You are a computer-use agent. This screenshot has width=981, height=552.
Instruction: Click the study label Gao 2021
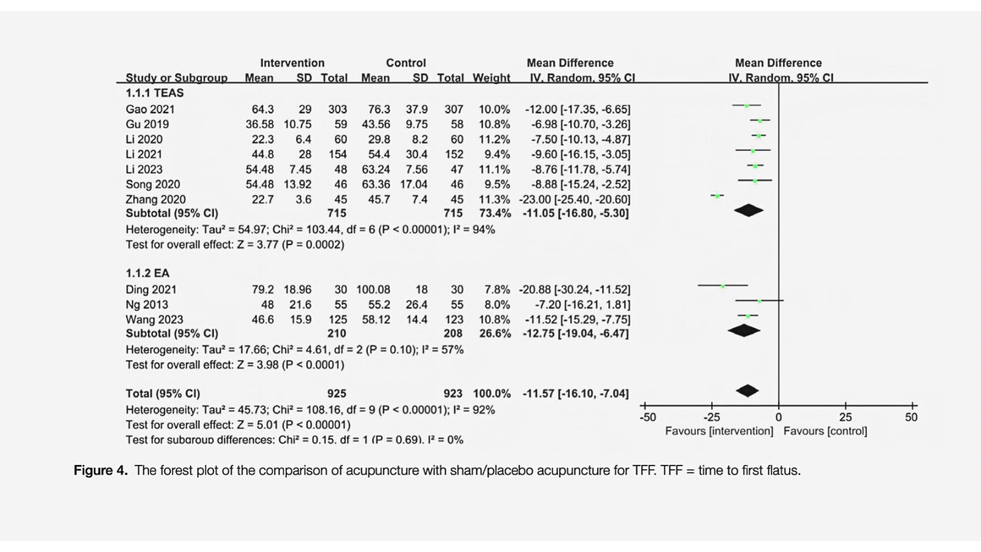tap(150, 109)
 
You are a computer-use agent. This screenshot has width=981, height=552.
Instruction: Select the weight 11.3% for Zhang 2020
tap(494, 199)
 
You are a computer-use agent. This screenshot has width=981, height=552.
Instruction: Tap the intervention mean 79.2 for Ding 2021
tap(262, 289)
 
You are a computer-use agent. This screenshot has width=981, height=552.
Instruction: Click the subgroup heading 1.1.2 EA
tap(147, 274)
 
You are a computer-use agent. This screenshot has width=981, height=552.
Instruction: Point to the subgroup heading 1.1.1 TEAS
tap(155, 93)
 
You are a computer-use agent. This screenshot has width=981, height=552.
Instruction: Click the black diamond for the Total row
tap(747, 391)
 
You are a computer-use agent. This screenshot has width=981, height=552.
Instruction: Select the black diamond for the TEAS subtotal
tap(749, 211)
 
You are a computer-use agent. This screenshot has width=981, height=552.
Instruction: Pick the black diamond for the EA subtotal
tap(744, 331)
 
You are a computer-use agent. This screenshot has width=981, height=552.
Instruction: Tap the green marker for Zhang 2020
tap(717, 196)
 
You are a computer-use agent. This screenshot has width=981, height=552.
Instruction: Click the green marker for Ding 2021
tap(723, 286)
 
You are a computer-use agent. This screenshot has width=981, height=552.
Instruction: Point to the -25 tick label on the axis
tap(711, 418)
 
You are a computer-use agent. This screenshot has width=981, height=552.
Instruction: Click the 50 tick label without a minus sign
tap(911, 418)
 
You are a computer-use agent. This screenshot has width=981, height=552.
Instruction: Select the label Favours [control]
tap(825, 431)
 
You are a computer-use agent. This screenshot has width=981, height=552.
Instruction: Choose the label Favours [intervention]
tap(719, 431)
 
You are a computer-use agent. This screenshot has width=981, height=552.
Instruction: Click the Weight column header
tap(491, 78)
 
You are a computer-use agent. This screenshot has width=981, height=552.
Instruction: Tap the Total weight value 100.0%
tap(492, 394)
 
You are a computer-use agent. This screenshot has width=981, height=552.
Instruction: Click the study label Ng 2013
tap(147, 305)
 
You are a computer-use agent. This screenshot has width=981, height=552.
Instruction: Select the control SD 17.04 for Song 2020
tap(414, 185)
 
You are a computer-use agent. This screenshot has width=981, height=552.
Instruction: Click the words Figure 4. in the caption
tap(101, 471)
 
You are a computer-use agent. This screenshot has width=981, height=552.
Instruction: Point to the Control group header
tap(406, 63)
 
